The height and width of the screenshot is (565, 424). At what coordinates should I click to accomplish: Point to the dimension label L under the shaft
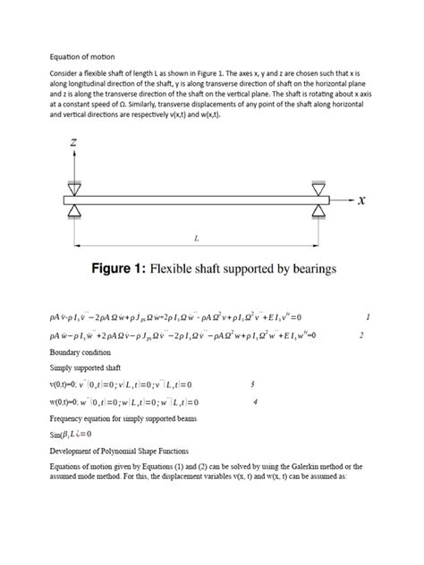coord(197,238)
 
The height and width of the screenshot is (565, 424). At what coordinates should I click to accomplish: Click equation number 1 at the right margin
coord(368,317)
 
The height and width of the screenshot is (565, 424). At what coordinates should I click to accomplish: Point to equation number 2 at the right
coord(360,335)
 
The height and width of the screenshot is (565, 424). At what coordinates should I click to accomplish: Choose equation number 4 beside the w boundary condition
coord(256,401)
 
